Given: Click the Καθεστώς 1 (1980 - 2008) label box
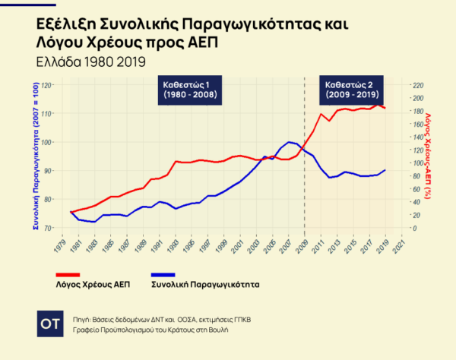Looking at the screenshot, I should click(192, 90).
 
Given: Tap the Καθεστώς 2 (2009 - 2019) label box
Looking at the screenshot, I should click(349, 90).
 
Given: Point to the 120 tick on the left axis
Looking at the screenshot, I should click(47, 85).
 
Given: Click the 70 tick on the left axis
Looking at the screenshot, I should click(49, 228).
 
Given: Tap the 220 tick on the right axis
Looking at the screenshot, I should click(417, 85).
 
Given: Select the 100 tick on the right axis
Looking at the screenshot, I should click(417, 163).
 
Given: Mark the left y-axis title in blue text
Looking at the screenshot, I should click(35, 156).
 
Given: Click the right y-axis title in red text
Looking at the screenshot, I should click(428, 156).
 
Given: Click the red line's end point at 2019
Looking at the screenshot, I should click(385, 108).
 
